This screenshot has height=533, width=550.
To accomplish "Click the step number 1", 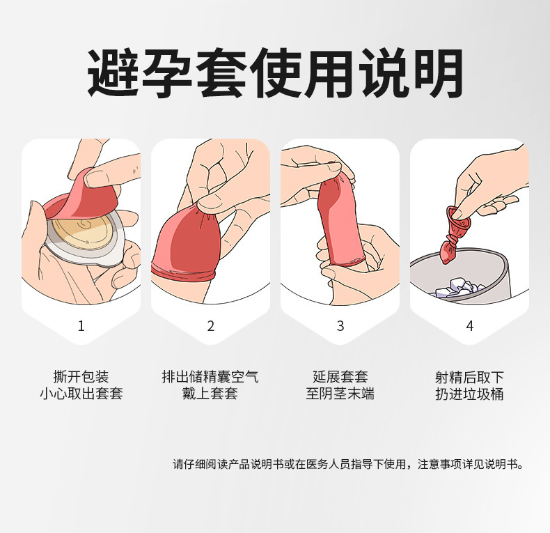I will (x=81, y=326).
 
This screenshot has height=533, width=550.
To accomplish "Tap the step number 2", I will (x=210, y=326).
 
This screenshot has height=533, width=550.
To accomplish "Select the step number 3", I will (x=340, y=326).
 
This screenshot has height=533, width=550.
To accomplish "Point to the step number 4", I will (x=469, y=326).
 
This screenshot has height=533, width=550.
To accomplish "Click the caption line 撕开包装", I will (x=81, y=377).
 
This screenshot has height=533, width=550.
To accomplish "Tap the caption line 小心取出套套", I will (x=81, y=394).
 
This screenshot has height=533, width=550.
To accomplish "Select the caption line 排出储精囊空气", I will (x=210, y=377).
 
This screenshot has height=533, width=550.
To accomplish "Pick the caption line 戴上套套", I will (x=210, y=394).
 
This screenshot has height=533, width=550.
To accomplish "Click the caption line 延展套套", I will (x=340, y=377).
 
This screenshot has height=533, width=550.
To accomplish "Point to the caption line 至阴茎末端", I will (x=340, y=394).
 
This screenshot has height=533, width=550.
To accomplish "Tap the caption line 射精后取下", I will (x=469, y=377).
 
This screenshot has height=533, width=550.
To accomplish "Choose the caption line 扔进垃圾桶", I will (x=469, y=394).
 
